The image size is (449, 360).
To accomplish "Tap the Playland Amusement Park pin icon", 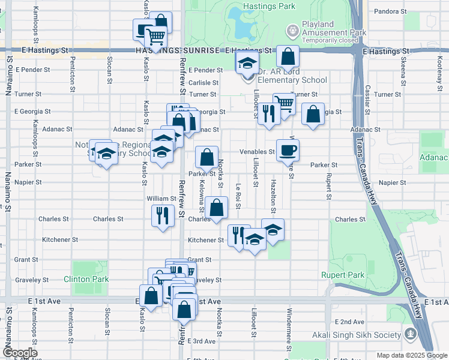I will coord(292,29).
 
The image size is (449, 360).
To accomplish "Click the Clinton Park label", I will coord(86,279).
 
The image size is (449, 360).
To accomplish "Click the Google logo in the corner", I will coord(19,353).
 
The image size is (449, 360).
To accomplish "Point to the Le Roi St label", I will coord(239,196).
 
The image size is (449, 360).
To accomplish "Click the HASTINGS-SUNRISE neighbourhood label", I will coord(177,52).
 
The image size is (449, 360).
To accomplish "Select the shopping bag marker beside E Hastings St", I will coord(288,58).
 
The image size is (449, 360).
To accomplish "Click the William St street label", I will coord(161,198).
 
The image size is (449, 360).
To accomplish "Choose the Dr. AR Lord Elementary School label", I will coord(292,80).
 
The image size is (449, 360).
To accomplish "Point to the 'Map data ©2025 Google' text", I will coord(411,355).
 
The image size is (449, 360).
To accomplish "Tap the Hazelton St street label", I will coord(273,196).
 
